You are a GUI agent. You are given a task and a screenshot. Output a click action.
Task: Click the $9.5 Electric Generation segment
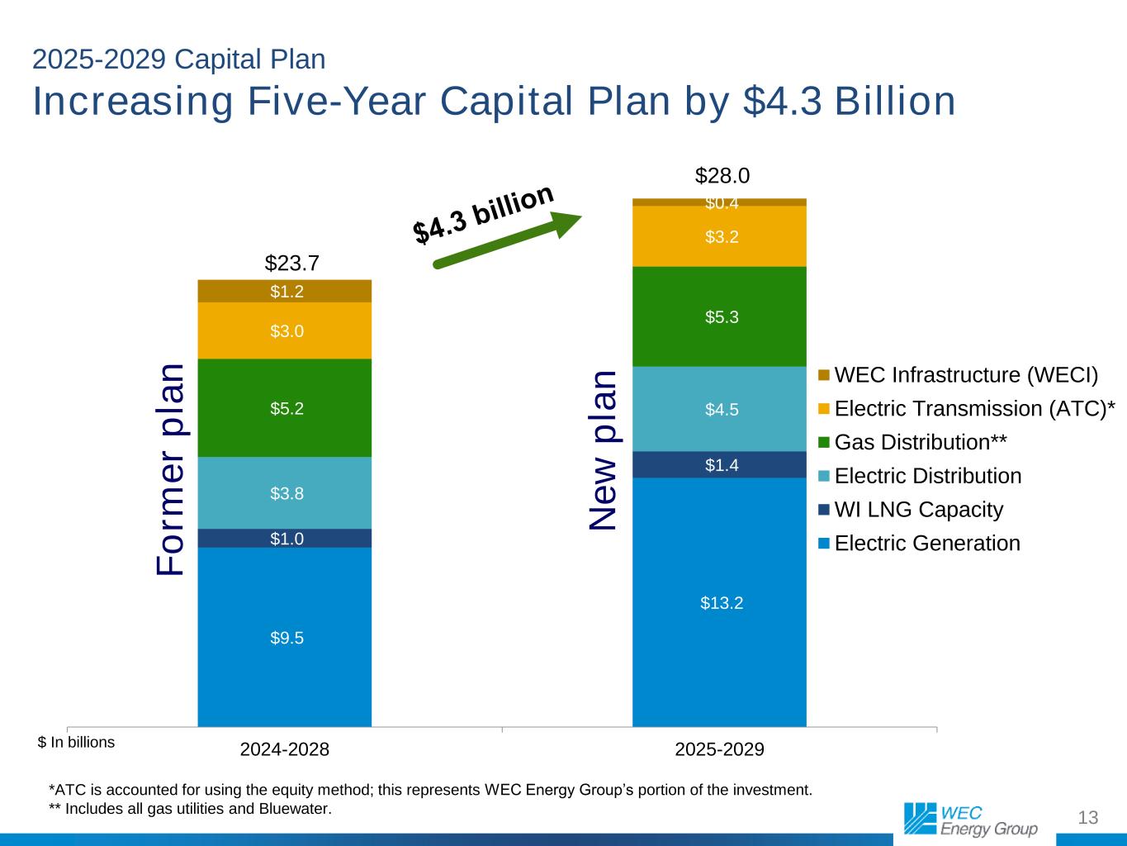[x=285, y=637]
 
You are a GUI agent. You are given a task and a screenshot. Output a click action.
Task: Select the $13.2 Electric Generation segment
[x=719, y=602]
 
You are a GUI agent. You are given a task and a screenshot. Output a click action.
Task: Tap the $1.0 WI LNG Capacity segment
[x=285, y=539]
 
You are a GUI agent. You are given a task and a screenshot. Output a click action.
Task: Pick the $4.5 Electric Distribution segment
[x=719, y=409]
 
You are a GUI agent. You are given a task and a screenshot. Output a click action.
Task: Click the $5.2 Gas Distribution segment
[x=285, y=408]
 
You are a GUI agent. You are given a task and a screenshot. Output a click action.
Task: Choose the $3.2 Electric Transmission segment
[x=719, y=237]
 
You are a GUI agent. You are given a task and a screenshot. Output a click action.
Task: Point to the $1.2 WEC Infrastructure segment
[x=285, y=291]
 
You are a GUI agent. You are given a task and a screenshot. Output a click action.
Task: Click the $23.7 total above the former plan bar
[x=291, y=263]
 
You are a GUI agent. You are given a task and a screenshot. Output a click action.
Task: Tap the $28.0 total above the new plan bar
[x=722, y=175]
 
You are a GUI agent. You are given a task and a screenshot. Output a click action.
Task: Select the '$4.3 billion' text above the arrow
[x=483, y=213]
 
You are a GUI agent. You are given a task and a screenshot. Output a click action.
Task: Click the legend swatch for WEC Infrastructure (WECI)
[x=824, y=376]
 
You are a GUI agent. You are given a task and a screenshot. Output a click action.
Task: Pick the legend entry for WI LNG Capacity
[x=918, y=510]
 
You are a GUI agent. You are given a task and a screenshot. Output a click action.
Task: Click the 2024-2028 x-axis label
[x=285, y=749]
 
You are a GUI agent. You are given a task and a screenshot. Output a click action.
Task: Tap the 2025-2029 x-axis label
[x=719, y=749]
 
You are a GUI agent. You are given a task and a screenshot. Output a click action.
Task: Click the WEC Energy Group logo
[x=970, y=819]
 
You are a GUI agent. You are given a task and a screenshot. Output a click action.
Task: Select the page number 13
[x=1088, y=818]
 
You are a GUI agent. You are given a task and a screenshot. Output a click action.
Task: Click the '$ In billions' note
[x=77, y=742]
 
